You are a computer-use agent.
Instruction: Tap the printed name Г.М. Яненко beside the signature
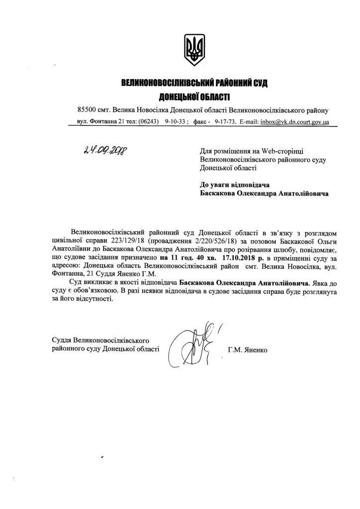click(x=248, y=350)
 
